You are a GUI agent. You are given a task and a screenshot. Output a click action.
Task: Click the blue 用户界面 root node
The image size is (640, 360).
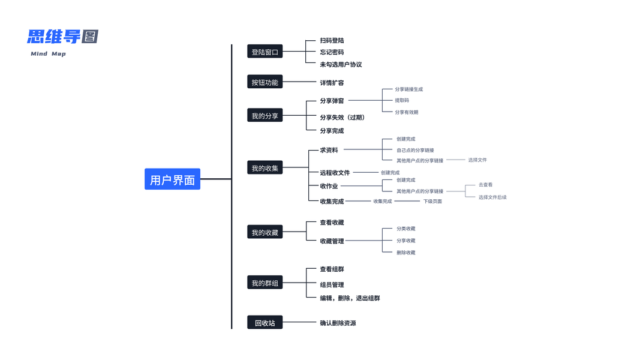pos(172,179)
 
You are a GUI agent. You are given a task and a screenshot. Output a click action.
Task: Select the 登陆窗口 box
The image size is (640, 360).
pos(265,52)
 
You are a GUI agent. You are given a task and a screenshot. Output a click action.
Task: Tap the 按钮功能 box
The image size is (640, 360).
pos(265,82)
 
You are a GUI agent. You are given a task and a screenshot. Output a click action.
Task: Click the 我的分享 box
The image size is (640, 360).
pos(265,116)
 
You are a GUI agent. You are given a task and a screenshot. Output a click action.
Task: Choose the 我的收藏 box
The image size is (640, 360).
pos(265,232)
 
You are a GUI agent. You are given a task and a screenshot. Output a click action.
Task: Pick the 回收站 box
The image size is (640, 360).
pos(265,323)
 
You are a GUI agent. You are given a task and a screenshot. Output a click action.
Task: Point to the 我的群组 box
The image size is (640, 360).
pos(265,283)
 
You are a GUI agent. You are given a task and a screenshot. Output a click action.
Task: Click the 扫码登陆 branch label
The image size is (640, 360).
pos(332,41)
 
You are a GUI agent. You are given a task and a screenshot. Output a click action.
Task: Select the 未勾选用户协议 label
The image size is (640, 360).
pos(341,64)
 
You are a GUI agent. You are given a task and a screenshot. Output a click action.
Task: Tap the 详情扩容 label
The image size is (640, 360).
pos(332,83)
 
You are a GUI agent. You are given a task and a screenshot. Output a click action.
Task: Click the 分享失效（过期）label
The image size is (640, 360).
pos(342,118)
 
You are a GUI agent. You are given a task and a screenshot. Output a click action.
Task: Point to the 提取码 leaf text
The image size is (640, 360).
pos(402,100)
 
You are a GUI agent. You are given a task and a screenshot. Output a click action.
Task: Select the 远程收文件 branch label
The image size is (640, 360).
pos(335,173)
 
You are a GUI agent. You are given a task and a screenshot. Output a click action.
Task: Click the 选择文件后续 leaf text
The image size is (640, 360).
pos(492,197)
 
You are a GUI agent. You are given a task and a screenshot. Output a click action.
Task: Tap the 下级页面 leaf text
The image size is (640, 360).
pos(432,202)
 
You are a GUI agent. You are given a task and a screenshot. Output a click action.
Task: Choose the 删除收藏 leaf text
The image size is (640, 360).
pos(405,253)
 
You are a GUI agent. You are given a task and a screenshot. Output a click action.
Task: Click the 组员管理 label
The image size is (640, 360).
pos(332,285)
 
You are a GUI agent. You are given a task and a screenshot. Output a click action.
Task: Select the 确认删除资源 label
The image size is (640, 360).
pos(338,323)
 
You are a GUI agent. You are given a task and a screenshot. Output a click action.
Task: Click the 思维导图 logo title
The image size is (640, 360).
pos(62,37)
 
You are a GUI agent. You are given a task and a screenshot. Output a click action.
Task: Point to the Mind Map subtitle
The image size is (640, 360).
pos(48,54)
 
